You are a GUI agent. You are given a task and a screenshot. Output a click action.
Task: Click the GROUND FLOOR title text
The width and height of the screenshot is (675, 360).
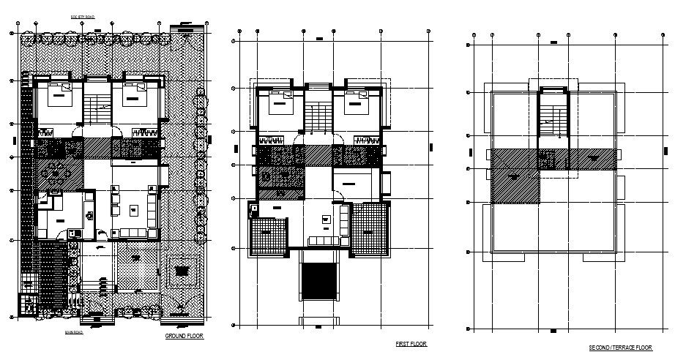point(184,336)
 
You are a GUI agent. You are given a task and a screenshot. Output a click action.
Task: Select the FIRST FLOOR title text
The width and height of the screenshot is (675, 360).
point(410,343)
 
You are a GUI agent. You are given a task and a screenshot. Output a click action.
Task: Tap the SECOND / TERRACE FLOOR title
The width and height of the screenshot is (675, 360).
point(620,348)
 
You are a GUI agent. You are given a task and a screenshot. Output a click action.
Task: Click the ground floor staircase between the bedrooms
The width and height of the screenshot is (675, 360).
point(97,110)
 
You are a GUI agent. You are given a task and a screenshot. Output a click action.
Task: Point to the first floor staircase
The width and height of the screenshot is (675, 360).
point(317,117)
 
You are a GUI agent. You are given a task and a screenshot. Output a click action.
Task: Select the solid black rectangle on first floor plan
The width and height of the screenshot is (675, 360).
point(317,281)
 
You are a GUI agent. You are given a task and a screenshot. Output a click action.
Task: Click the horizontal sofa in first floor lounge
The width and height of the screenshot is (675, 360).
point(323,241)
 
